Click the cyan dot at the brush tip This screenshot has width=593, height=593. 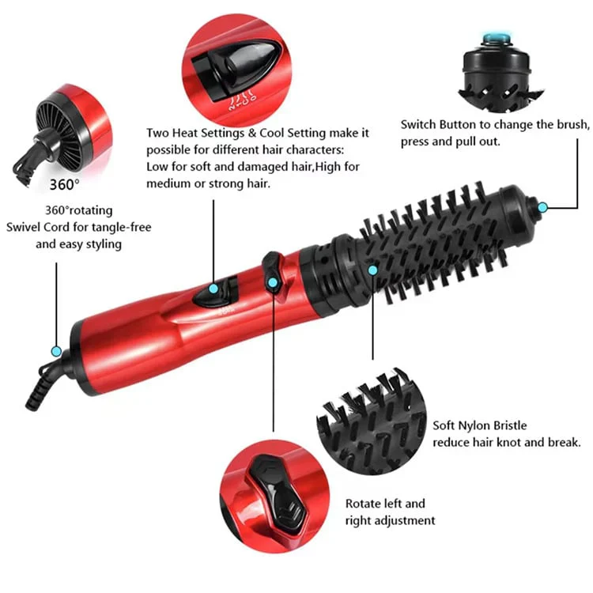542,207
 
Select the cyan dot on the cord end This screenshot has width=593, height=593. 56,350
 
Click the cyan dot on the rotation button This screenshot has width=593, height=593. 272,281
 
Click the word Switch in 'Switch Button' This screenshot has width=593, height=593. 419,125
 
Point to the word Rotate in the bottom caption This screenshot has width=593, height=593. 364,503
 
